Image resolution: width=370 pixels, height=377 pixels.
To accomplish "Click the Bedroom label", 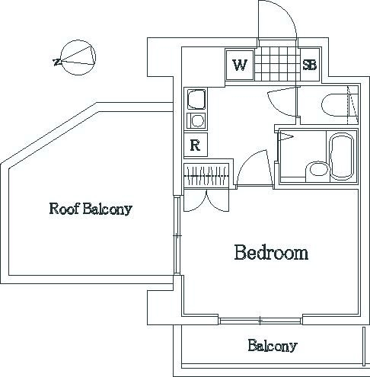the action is click(271, 253).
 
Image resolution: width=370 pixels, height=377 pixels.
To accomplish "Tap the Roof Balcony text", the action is click(91, 209).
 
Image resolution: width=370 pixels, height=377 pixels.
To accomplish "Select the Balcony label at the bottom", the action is click(273, 346).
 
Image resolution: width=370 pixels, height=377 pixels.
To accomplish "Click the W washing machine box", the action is click(240, 65).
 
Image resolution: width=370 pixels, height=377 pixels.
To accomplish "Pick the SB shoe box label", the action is click(310, 65).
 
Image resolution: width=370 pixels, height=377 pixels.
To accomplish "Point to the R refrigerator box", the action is click(196, 145).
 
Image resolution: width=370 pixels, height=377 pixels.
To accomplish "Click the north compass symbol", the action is click(78, 58).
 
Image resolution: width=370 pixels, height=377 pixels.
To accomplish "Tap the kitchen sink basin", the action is click(196, 99).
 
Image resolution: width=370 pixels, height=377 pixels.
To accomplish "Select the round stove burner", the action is click(197, 120).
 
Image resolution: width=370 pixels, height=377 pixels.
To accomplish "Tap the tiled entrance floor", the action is click(277, 64).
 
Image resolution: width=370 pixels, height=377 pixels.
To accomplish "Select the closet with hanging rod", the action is click(206, 175).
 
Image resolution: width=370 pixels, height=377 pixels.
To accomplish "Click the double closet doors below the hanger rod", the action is click(206, 200).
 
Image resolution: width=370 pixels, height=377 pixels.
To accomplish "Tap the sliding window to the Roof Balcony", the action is click(177, 235).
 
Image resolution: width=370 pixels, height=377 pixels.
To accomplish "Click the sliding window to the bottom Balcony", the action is click(260, 321).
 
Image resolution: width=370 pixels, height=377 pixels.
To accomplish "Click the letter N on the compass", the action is click(57, 62).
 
